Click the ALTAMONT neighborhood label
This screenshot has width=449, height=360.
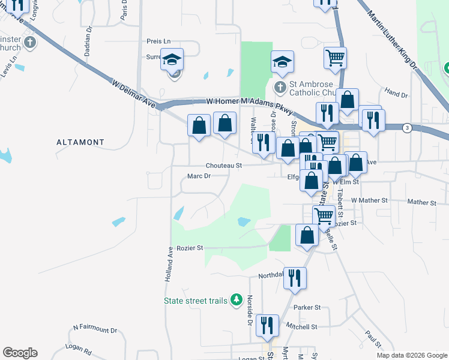(x=80, y=143)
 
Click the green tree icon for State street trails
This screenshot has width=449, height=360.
(x=237, y=299)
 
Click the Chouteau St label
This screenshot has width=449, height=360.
(x=223, y=165)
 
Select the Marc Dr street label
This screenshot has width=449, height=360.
(x=199, y=176)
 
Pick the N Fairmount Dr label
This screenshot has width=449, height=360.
(x=95, y=329)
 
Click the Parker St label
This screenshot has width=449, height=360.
(x=307, y=307)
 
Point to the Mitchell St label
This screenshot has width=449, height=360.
(x=301, y=327)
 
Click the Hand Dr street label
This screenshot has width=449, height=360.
(x=396, y=95)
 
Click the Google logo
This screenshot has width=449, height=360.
(x=20, y=353)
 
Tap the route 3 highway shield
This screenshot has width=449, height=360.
(x=408, y=128)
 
